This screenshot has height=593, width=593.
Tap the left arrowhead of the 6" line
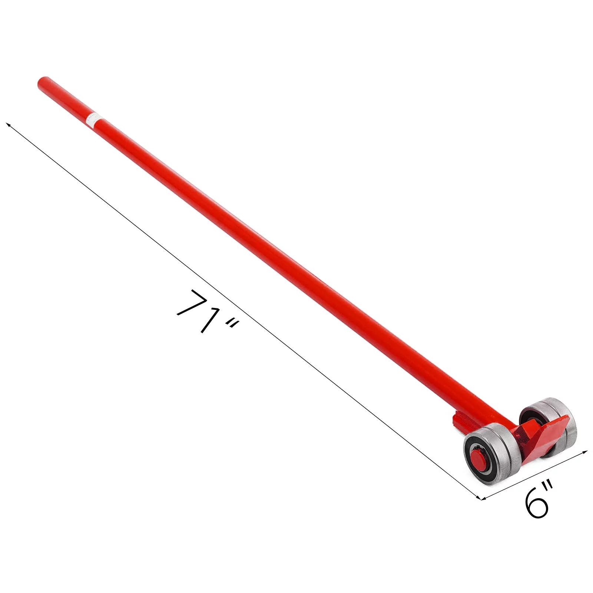pyautogui.click(x=484, y=498)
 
